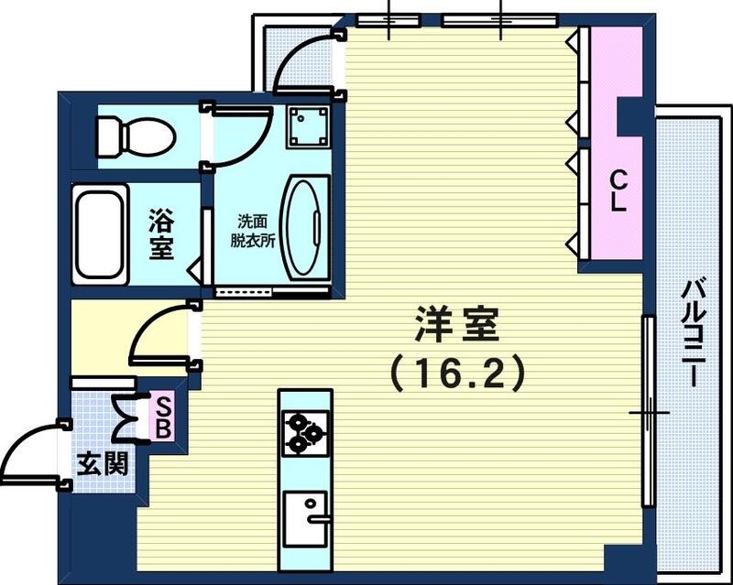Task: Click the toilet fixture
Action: pyautogui.click(x=137, y=135)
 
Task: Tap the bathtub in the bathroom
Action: pyautogui.click(x=101, y=233)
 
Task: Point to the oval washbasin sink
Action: pyautogui.click(x=303, y=227)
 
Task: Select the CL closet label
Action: pyautogui.click(x=618, y=190)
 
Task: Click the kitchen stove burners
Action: pyautogui.click(x=305, y=432)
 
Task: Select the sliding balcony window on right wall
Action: pyautogui.click(x=648, y=412)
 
